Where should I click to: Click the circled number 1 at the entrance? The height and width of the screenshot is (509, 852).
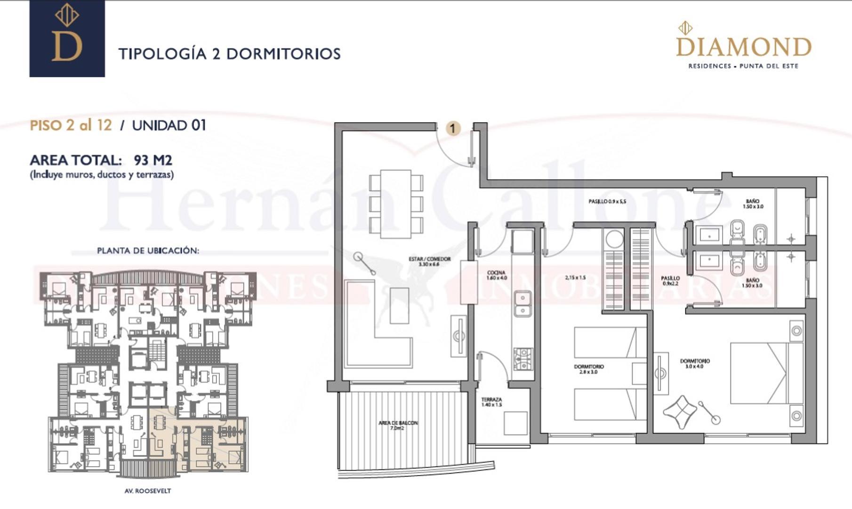click(x=453, y=128)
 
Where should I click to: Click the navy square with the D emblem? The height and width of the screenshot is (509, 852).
click(x=67, y=39)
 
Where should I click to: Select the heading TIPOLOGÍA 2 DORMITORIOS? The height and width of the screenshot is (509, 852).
click(x=229, y=54)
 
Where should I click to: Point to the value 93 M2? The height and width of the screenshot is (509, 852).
click(x=153, y=160)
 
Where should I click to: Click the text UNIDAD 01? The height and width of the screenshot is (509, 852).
click(x=169, y=125)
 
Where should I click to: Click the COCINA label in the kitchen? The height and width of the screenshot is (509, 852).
click(x=497, y=275)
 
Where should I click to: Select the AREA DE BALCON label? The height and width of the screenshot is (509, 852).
click(x=398, y=425)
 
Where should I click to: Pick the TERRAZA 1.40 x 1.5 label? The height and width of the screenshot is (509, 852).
click(x=491, y=402)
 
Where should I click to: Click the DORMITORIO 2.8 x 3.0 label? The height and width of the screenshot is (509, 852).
click(x=589, y=369)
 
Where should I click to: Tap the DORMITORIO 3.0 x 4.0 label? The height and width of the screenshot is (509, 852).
click(x=695, y=363)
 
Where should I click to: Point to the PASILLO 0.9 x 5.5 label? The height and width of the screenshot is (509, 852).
click(x=607, y=202)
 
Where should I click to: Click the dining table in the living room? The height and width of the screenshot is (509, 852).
click(x=396, y=204)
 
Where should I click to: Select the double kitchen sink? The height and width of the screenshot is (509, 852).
click(x=522, y=304)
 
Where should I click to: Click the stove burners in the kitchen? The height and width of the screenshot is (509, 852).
click(x=523, y=359)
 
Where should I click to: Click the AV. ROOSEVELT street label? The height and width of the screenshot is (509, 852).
click(x=148, y=491)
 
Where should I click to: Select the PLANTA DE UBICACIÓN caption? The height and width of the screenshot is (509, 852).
click(x=148, y=251)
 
